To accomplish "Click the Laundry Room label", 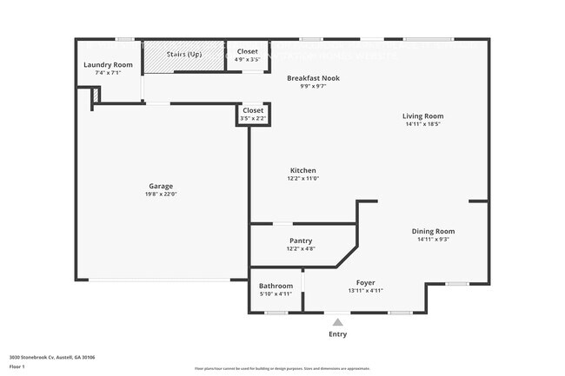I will (108, 65).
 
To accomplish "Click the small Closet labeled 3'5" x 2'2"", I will (253, 110).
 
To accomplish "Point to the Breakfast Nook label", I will (313, 78).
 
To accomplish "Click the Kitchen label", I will (302, 170).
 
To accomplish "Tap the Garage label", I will (161, 186).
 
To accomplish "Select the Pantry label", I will (301, 241).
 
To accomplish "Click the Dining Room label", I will (433, 231).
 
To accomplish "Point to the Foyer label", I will (366, 282).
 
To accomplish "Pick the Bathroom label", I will (276, 287).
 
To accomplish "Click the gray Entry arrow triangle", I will (337, 322).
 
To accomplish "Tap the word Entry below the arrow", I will (337, 334).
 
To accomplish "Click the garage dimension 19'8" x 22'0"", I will (161, 194).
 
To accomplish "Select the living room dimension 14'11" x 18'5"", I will (422, 123).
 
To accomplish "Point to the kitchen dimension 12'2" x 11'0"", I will (302, 178).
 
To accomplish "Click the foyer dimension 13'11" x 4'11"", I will (366, 290).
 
